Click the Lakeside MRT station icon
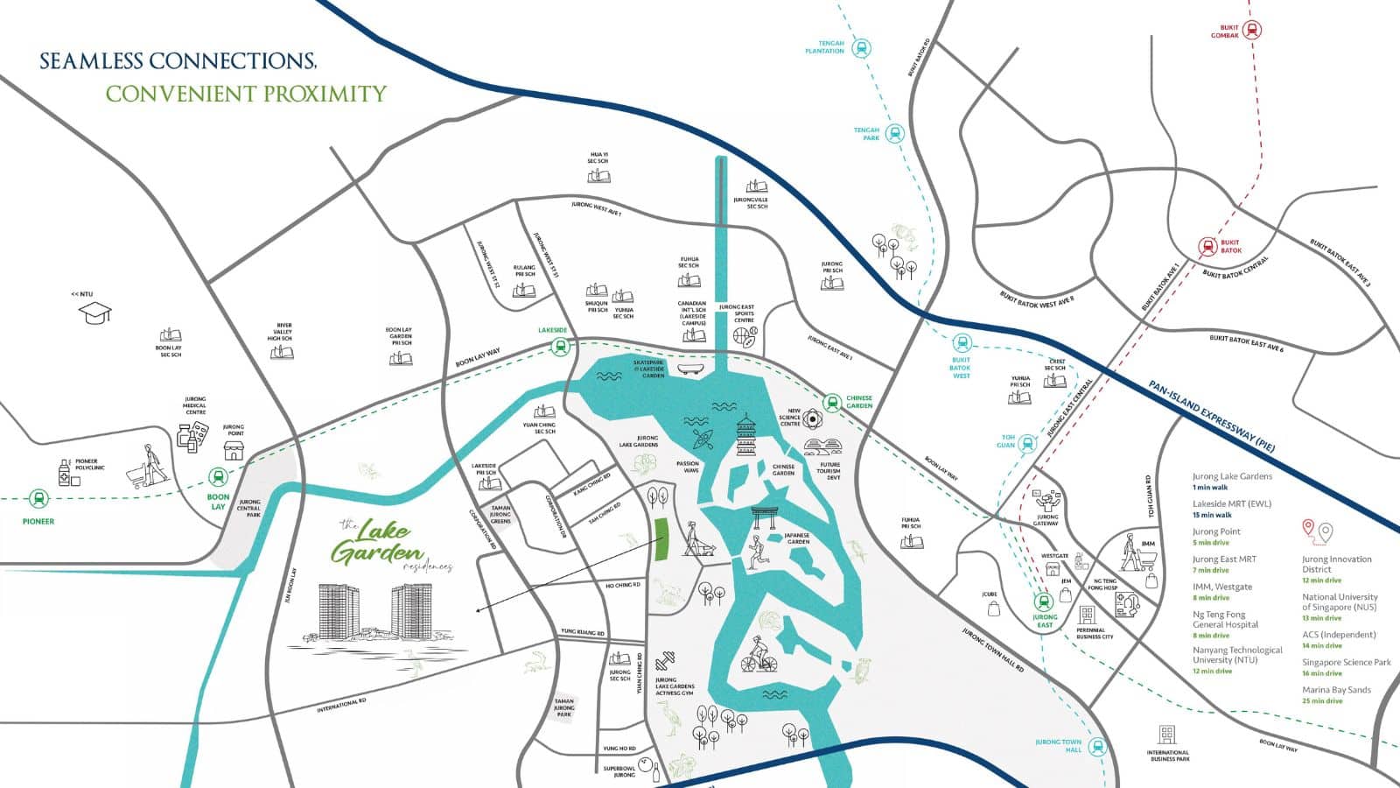tap(559, 347)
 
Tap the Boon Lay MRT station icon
tap(219, 478)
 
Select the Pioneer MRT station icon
tap(38, 500)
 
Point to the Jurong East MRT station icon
tap(1044, 602)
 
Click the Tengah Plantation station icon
tap(863, 48)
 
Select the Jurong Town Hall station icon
tap(1099, 747)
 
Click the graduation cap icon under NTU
tap(96, 312)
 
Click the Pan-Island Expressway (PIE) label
tap(1210, 410)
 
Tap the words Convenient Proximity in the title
tap(246, 94)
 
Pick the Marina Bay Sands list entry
tap(1335, 690)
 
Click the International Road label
tap(341, 704)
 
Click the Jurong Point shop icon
tap(234, 451)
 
